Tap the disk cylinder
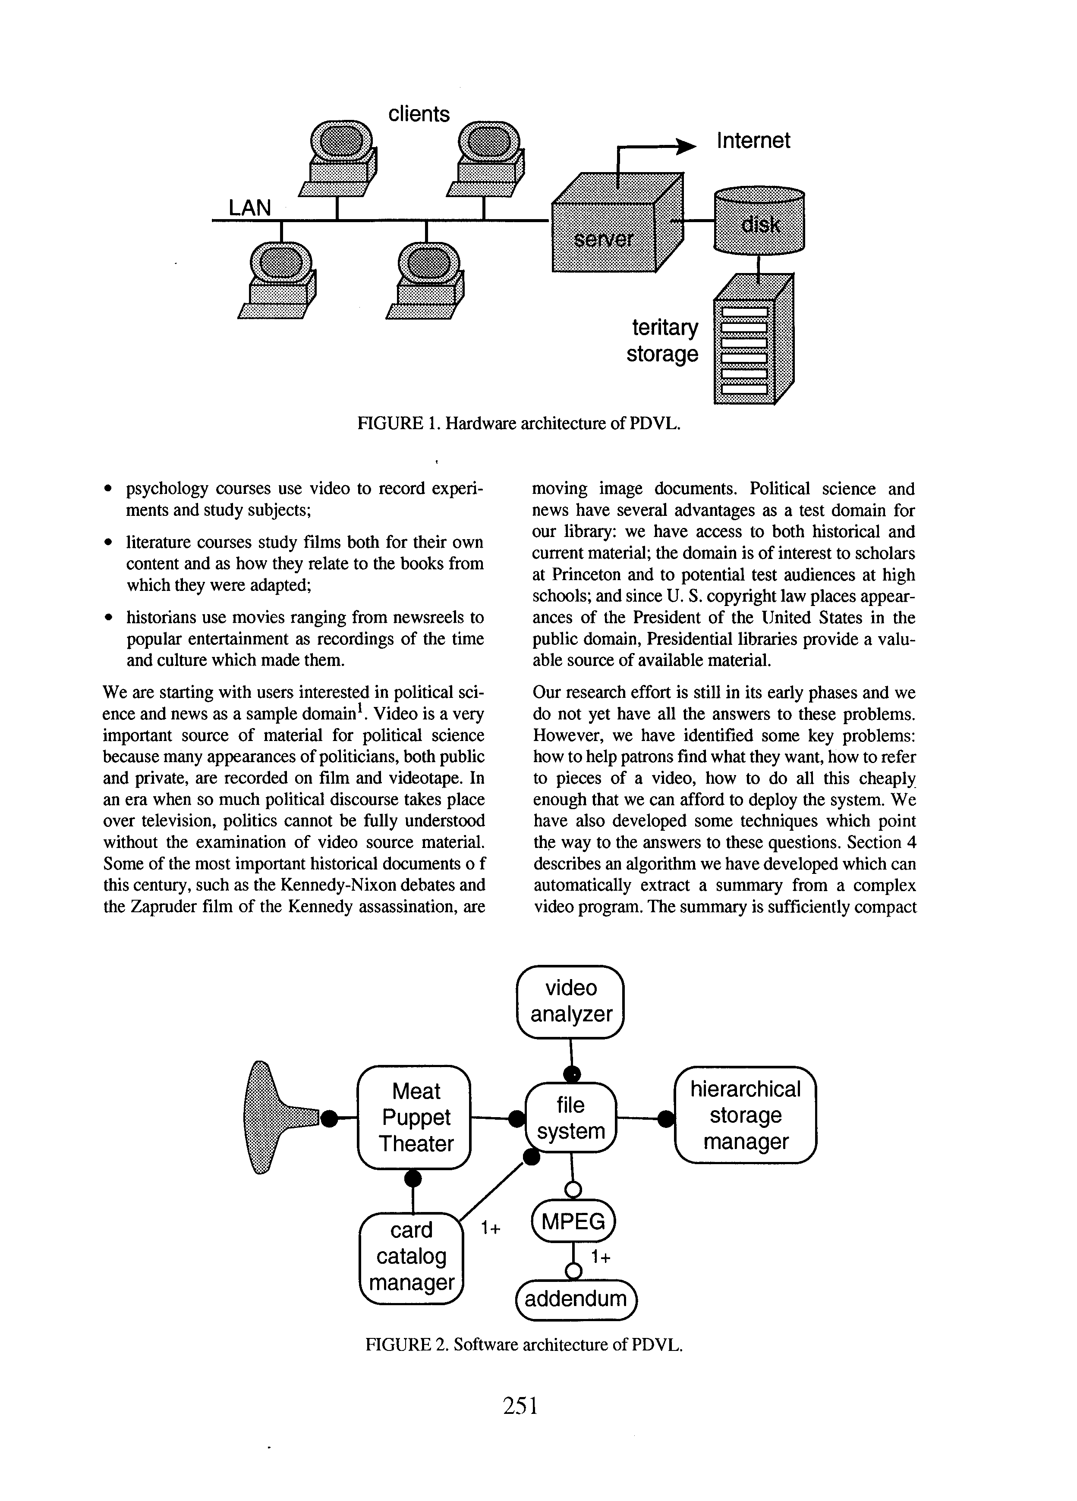click(x=759, y=220)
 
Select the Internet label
click(x=753, y=140)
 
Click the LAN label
click(x=249, y=208)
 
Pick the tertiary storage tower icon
click(x=753, y=339)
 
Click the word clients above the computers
click(x=419, y=114)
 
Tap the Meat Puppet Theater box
click(x=414, y=1118)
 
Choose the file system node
click(x=570, y=1118)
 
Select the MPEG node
click(x=573, y=1221)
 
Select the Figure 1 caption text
click(x=519, y=424)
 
